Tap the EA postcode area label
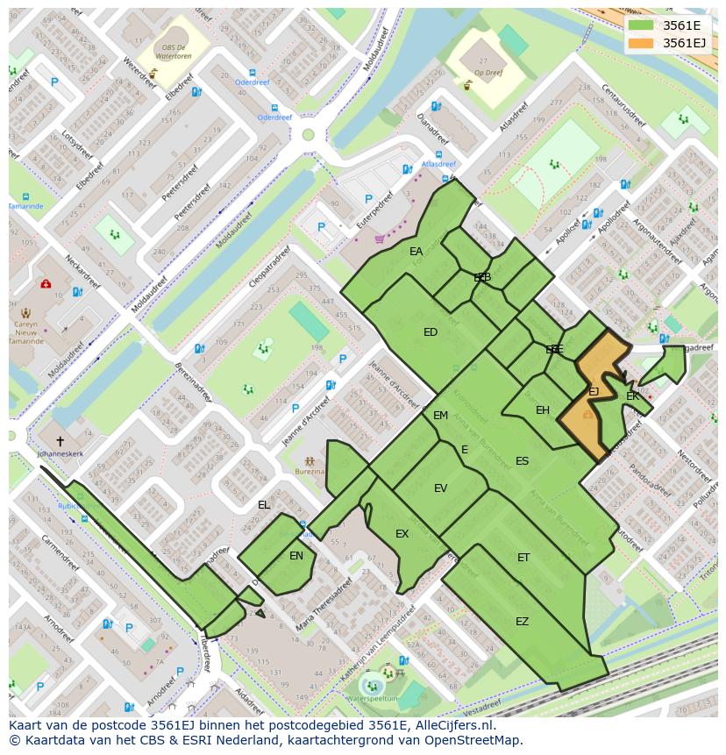point(416,252)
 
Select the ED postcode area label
point(431,332)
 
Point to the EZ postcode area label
point(522,622)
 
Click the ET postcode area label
point(523,558)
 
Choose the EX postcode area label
point(402,534)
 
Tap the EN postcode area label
point(296,555)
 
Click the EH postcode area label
point(543,410)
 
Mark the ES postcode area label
point(522,461)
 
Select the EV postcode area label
point(440,488)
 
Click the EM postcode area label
point(440,416)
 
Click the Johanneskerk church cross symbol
point(60,442)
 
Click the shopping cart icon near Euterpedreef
point(379,238)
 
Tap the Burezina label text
point(310,472)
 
